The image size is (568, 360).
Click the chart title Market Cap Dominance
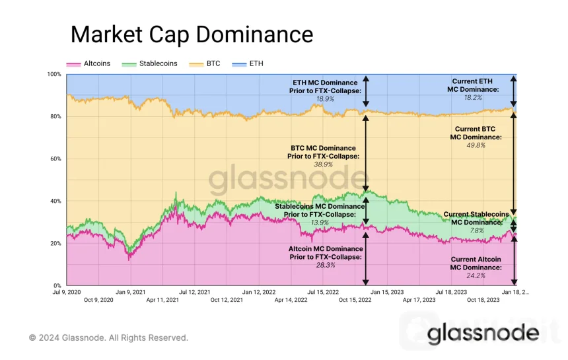192,34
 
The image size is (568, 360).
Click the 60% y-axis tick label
55,159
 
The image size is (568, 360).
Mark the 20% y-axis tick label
55,243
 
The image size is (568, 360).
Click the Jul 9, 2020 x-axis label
67,291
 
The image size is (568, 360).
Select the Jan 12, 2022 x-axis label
258,291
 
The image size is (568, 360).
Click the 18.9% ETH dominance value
325,98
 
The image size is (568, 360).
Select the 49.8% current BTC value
475,145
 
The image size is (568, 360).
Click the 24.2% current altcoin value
475,275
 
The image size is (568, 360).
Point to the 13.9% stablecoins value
320,223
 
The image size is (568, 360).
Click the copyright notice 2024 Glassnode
108,338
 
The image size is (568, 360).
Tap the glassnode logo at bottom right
483,334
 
